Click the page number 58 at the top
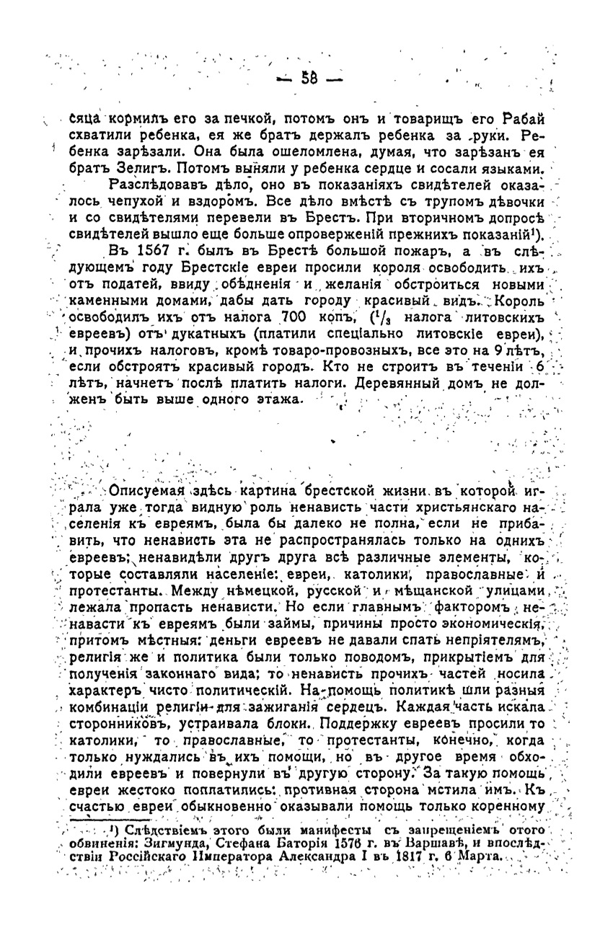point(309,78)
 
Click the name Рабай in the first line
point(521,118)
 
